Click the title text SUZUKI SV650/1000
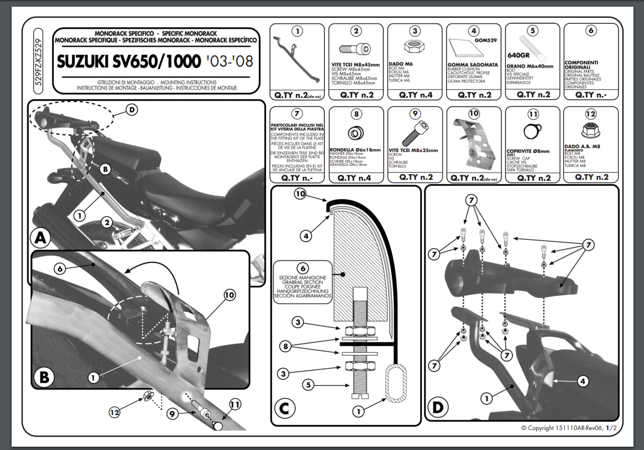coord(129,61)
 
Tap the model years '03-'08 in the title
coord(231,61)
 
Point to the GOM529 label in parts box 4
coord(486,39)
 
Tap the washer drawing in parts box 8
coord(355,134)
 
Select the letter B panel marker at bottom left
coord(44,377)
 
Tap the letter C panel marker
coord(283,409)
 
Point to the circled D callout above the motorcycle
coord(131,109)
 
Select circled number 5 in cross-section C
coord(309,383)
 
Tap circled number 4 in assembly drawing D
coord(582,381)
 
